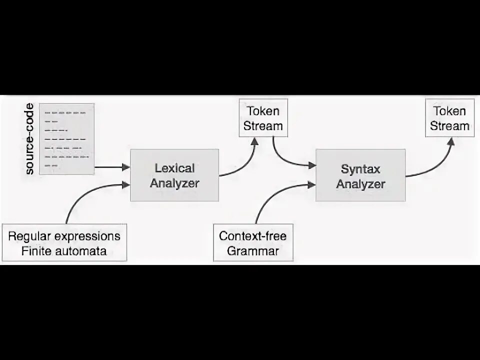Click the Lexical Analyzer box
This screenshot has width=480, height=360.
[x=174, y=175]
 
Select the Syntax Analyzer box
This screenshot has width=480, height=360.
[x=360, y=175]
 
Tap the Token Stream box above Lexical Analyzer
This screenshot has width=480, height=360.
[x=263, y=118]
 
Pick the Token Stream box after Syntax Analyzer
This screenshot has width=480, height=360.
[x=449, y=118]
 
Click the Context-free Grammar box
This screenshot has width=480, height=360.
[x=253, y=243]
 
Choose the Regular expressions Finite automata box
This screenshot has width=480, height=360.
[x=64, y=243]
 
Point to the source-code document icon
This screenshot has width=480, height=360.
[x=67, y=138]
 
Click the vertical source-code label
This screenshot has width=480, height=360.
[x=29, y=138]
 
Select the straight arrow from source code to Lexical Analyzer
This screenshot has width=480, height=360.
[x=111, y=168]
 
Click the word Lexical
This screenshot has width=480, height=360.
[x=174, y=168]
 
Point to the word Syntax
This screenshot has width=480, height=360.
[x=360, y=168]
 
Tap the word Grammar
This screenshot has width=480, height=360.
[x=253, y=250]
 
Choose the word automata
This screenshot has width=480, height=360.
[x=80, y=250]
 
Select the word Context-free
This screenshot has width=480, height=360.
[x=253, y=235]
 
